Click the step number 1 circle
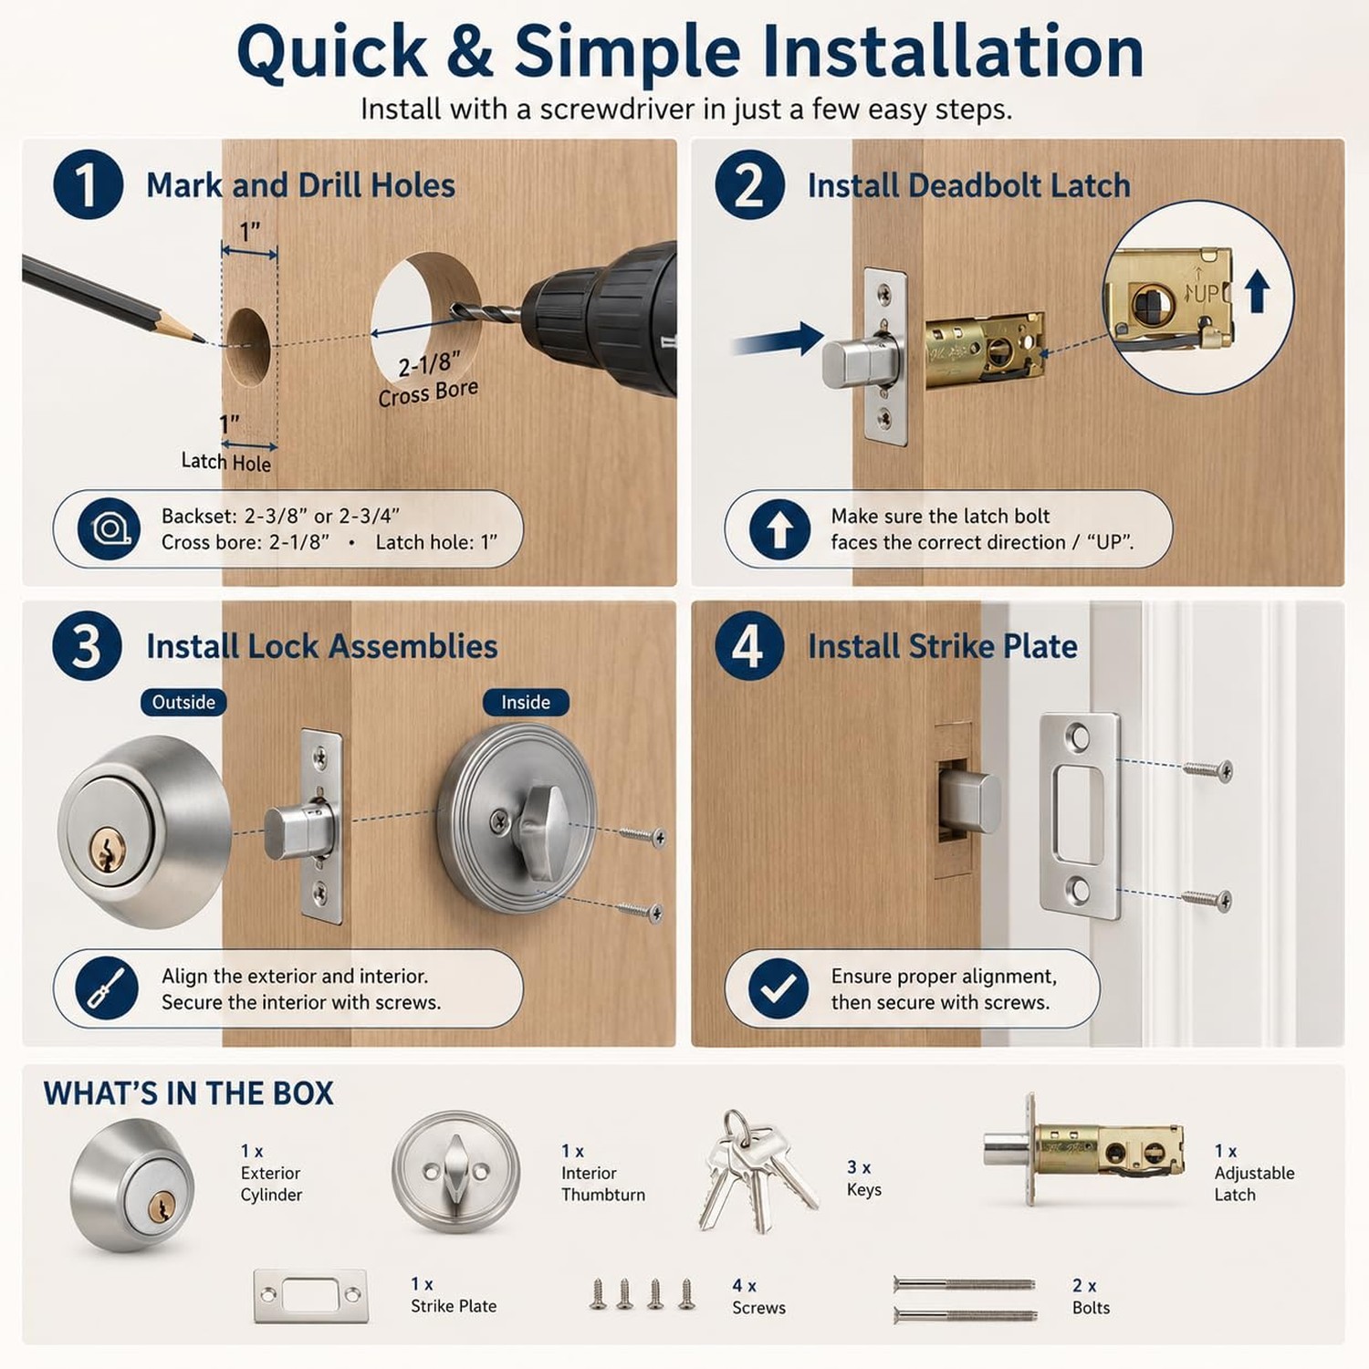(88, 184)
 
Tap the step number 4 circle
(749, 645)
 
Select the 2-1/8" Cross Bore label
(429, 379)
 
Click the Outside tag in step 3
(183, 702)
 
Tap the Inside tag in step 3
(526, 702)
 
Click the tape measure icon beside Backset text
(109, 529)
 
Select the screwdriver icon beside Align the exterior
(107, 988)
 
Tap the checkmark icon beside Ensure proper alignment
(779, 988)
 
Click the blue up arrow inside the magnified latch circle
(1258, 292)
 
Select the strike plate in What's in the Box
(310, 1295)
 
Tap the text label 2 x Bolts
(1091, 1296)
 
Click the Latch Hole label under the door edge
(226, 462)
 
